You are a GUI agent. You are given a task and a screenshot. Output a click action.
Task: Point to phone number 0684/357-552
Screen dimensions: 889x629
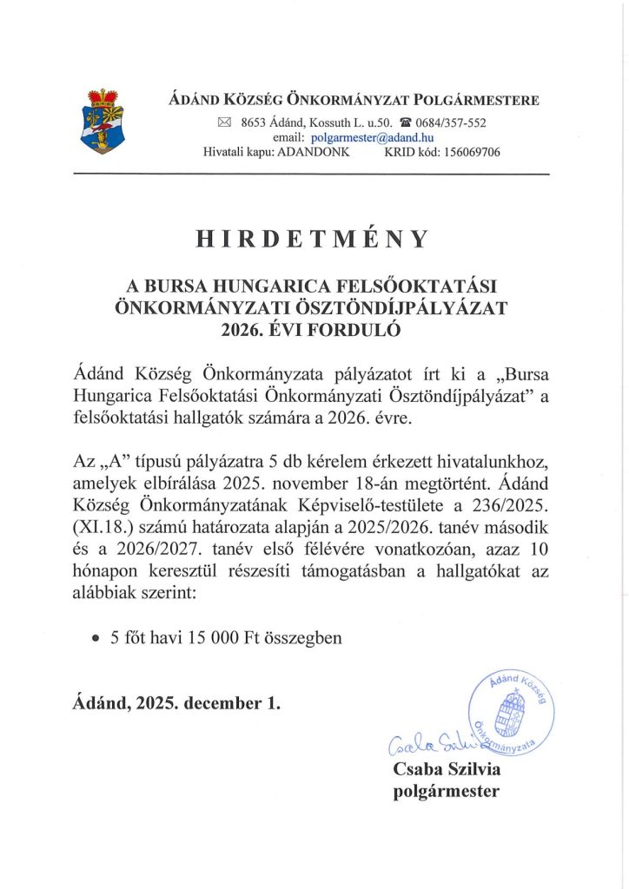point(452,123)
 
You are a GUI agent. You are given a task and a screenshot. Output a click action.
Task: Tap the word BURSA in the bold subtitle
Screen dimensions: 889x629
point(182,287)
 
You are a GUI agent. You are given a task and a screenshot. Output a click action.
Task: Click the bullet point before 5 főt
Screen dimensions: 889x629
point(96,637)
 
